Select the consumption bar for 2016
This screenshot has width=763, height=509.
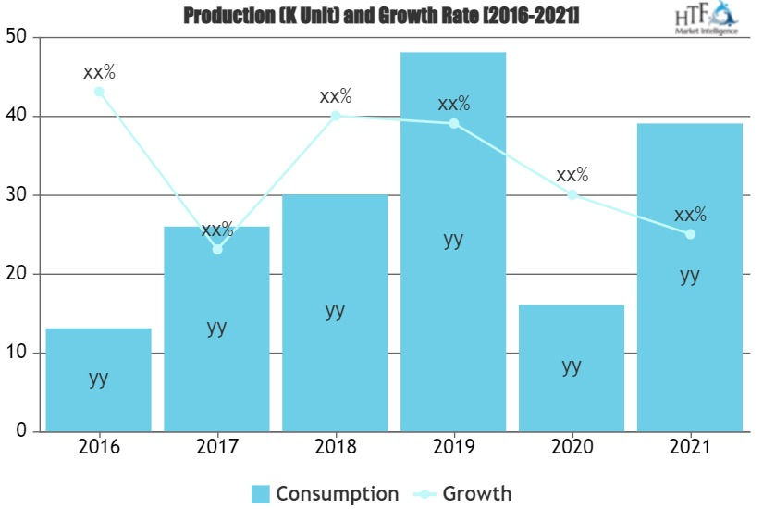pos(98,379)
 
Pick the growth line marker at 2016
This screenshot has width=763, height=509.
pos(99,92)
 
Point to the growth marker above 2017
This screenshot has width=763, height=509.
pos(217,249)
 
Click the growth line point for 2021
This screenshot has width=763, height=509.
pos(690,234)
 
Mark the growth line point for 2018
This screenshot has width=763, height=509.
pos(336,116)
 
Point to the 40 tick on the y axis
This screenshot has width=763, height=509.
pos(19,117)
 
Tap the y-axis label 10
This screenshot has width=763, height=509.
pos(19,354)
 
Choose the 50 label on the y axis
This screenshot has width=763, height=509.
pos(19,38)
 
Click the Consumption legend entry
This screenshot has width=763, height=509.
pos(325,493)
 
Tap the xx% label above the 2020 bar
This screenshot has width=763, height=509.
pos(572,174)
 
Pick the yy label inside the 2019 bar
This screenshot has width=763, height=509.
pos(453,239)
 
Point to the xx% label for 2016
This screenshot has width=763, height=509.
pos(99,71)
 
